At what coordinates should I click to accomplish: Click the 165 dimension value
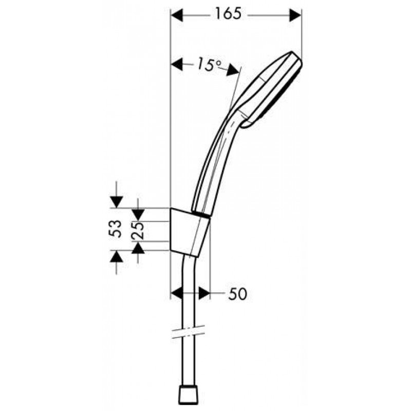228,14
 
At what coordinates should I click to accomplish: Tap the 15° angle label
209,64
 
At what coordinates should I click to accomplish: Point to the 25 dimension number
138,231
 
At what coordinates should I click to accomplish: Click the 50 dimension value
237,294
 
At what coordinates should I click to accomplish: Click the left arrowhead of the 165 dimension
176,15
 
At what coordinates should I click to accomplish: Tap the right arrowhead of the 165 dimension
295,15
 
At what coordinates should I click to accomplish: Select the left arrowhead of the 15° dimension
176,65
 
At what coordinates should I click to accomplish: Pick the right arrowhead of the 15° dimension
233,69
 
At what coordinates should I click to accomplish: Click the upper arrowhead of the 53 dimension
117,202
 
